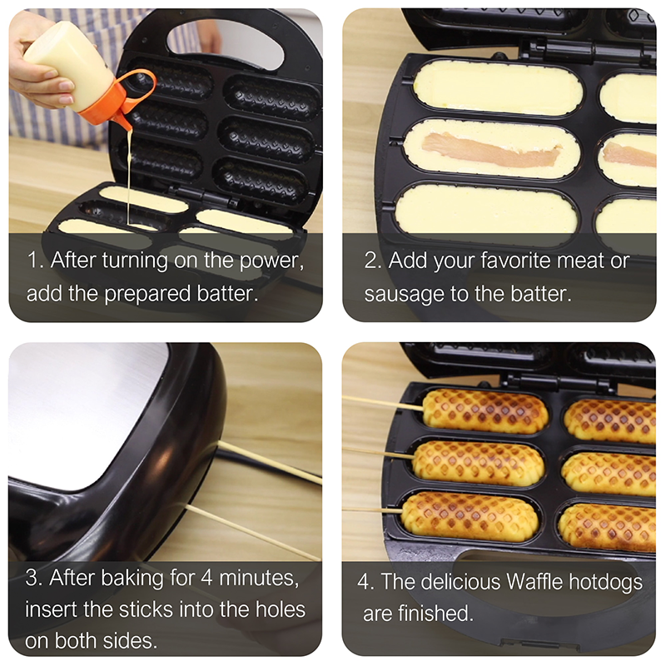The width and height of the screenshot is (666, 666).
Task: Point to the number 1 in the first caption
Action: [33, 259]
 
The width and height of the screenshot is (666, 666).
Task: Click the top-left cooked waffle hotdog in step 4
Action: [485, 410]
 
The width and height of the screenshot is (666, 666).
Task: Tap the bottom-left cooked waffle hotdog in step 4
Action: [470, 516]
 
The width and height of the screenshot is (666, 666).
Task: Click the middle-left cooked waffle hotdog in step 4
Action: [479, 462]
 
